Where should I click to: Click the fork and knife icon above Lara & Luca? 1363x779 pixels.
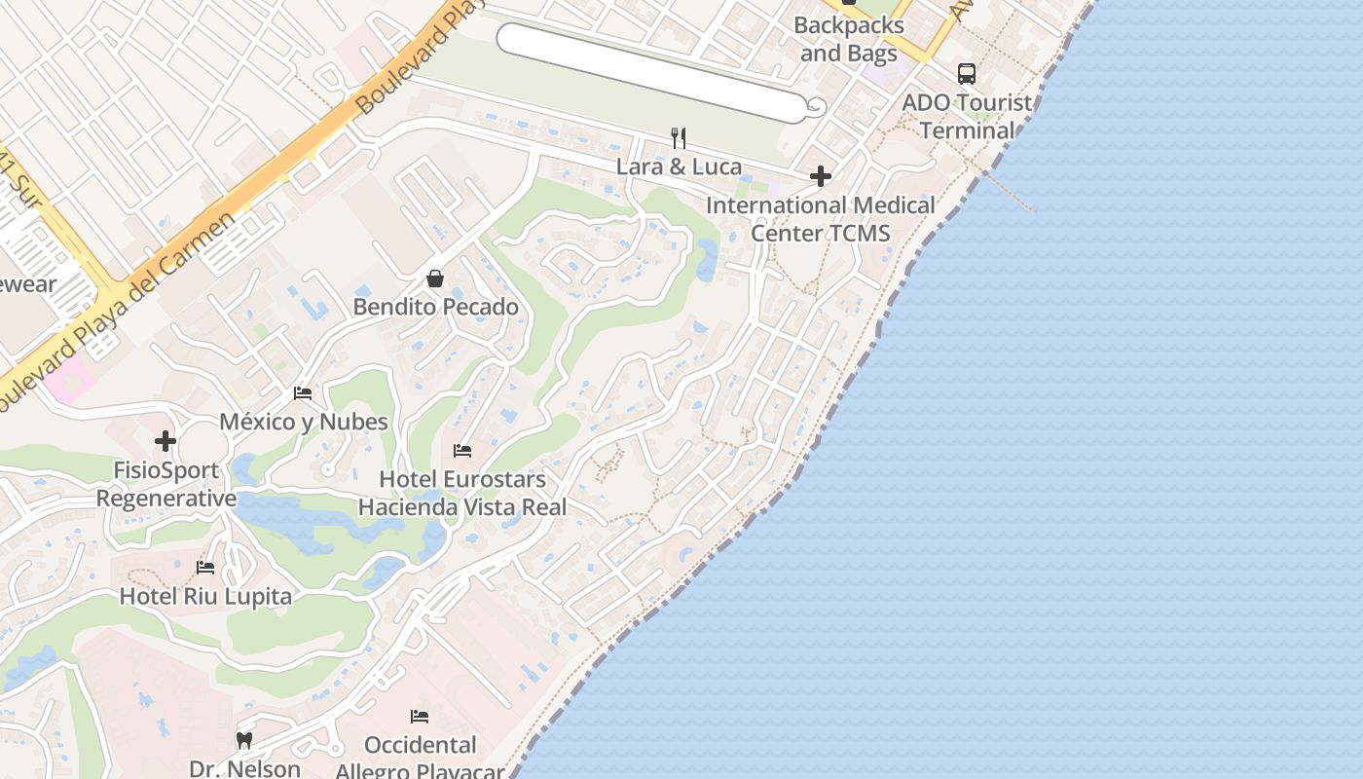pos(679,137)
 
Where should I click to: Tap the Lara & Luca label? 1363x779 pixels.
pos(679,167)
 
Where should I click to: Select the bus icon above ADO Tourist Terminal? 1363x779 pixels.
pos(966,73)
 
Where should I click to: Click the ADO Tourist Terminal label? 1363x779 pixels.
pos(967,116)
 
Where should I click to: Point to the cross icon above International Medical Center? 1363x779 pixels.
pos(821,176)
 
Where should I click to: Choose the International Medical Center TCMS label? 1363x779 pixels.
pos(821,219)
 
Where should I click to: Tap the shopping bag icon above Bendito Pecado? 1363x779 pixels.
pos(435,279)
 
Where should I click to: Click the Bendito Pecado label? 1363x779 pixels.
pos(435,307)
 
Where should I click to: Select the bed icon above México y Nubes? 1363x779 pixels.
pos(303,393)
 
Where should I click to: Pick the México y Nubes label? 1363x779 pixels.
pos(303,422)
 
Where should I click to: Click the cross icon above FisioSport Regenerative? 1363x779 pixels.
pos(166,441)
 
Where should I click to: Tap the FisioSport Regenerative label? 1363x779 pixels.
pos(166,484)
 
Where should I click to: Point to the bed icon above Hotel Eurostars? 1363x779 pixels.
pos(462,451)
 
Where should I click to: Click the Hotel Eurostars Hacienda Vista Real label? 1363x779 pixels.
pos(462,493)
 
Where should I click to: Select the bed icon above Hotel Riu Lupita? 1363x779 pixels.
pos(205,567)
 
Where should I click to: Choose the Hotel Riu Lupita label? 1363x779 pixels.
pos(205,596)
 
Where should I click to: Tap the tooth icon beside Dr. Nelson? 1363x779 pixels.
pos(244,740)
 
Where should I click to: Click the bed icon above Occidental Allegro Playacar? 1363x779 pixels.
pos(420,717)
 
